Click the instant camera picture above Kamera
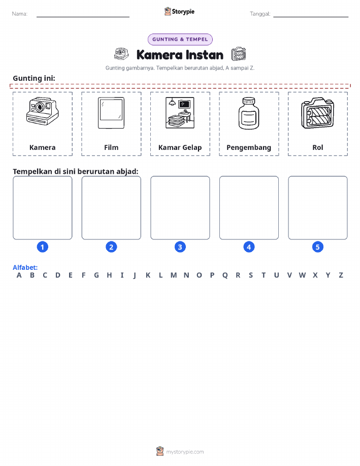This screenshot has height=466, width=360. pos(43,111)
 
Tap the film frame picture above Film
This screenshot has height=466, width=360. pos(111,113)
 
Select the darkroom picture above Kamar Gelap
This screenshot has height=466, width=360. pos(180,113)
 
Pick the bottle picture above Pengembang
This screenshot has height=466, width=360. pos(249,113)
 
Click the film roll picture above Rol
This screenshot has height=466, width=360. pos(317,113)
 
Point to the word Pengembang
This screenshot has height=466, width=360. pos(249,148)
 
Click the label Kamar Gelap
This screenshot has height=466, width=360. pos(180,148)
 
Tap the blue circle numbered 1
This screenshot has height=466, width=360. pos(43,247)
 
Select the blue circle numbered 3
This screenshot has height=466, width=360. pos(180,247)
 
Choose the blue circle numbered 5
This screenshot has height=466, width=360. pos(317,247)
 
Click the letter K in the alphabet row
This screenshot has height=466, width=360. pos(148,275)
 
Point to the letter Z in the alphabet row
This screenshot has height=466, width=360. pos(341,275)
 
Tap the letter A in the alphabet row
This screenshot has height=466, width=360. pos(19,275)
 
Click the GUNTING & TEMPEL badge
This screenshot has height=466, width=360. pos(180,40)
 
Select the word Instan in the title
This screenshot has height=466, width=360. pos(204,55)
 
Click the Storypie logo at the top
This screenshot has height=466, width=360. pos(179,12)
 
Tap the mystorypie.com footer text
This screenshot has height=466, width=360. pos(185,452)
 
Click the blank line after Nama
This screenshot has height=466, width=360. pos(83,17)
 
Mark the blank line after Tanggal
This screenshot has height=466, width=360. pos(311,17)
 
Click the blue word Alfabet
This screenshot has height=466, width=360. pos(25,267)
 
